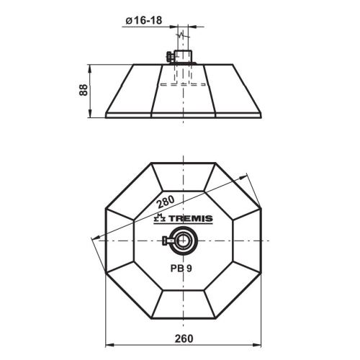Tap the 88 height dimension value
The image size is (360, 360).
(x=84, y=91)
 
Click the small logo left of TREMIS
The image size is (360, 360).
(x=160, y=218)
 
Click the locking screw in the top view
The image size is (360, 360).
(x=168, y=240)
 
